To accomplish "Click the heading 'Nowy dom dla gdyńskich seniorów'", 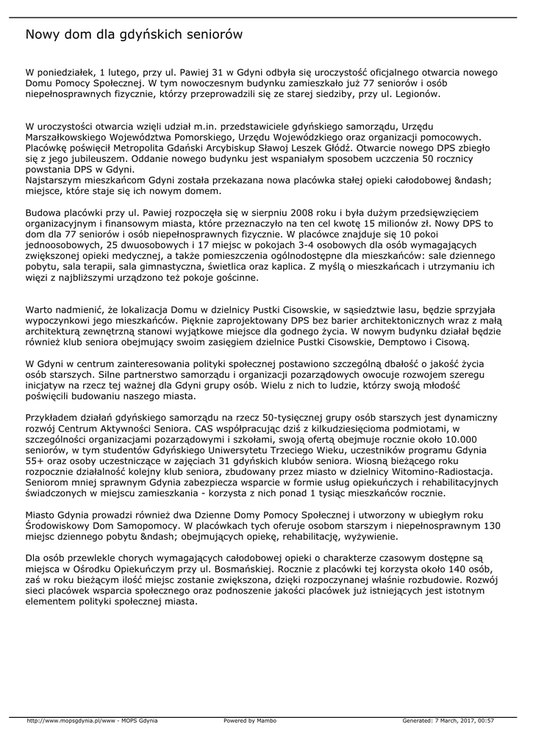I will pos(134,35).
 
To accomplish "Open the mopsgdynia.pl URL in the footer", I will pos(92,721).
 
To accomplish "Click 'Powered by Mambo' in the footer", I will pos(250,721).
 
